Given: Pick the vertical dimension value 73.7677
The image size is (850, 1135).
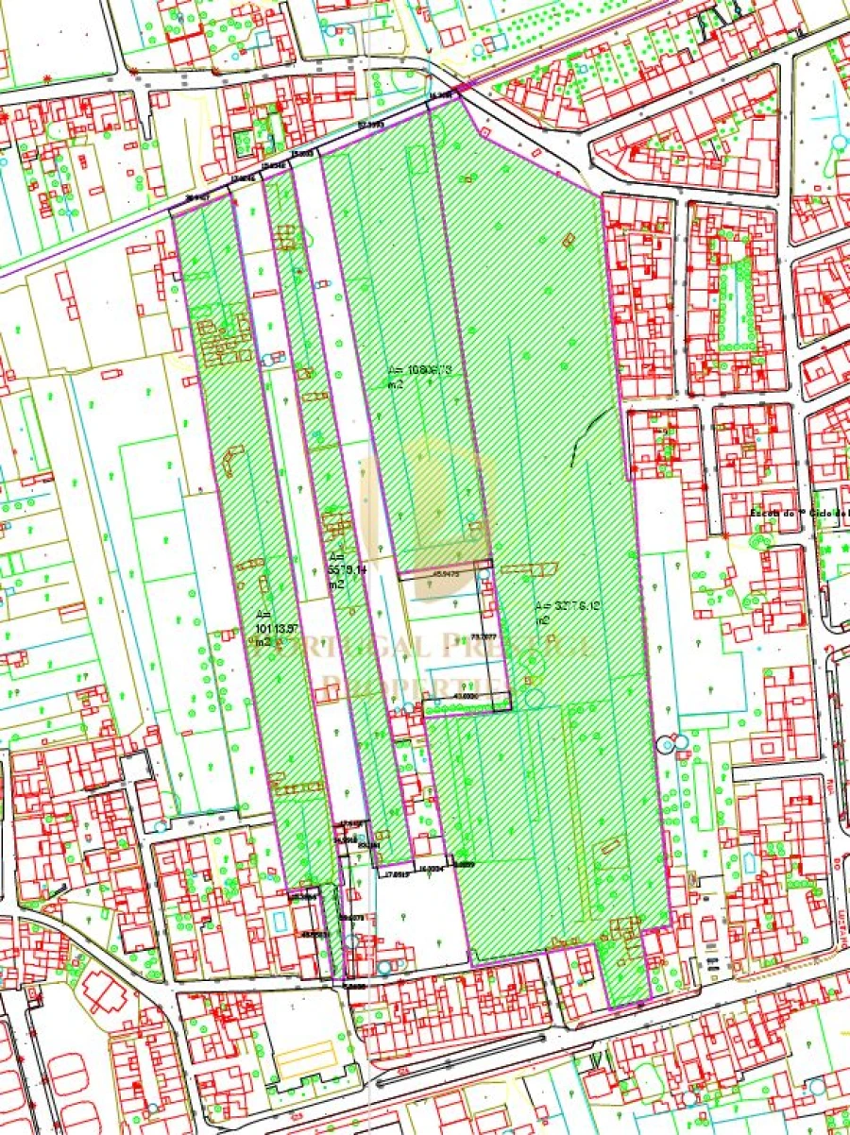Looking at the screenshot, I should point(491,635).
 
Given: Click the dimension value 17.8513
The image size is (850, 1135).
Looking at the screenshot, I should point(396,874).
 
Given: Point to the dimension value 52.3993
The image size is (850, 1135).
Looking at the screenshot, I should point(371,125).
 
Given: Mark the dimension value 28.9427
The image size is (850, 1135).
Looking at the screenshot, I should point(197,198).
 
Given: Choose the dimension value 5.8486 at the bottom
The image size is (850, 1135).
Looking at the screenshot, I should point(355,985).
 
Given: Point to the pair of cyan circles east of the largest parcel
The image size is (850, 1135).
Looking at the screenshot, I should point(673,743).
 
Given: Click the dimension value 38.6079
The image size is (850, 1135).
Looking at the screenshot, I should point(351,917).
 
